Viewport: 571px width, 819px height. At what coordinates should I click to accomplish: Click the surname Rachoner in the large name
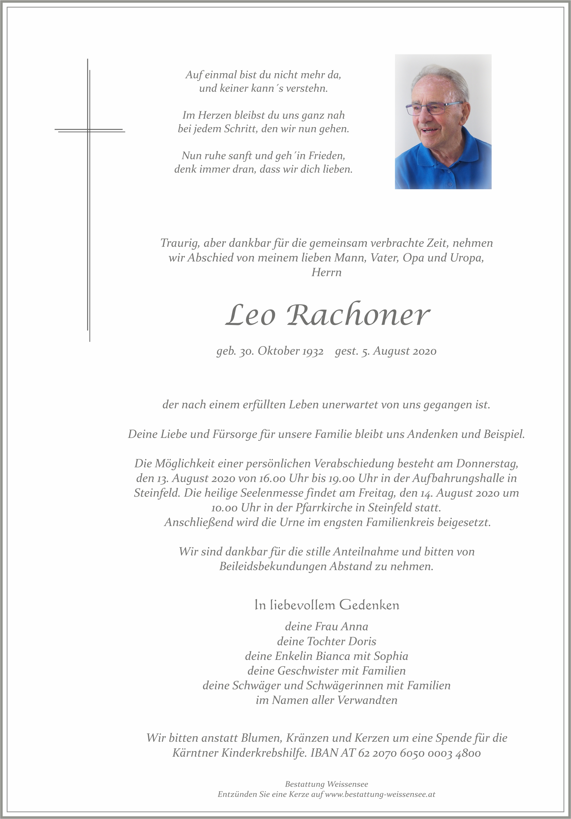click(x=358, y=315)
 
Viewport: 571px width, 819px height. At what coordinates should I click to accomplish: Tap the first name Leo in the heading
click(x=251, y=315)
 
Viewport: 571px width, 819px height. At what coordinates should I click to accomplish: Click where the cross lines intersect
click(x=89, y=130)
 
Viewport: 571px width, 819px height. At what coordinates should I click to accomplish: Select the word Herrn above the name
click(x=326, y=272)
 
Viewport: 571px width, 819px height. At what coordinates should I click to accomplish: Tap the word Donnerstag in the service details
click(x=487, y=463)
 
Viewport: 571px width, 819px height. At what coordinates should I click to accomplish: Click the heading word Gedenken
click(x=369, y=605)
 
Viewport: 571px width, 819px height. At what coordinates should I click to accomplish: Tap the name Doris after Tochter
click(x=362, y=641)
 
